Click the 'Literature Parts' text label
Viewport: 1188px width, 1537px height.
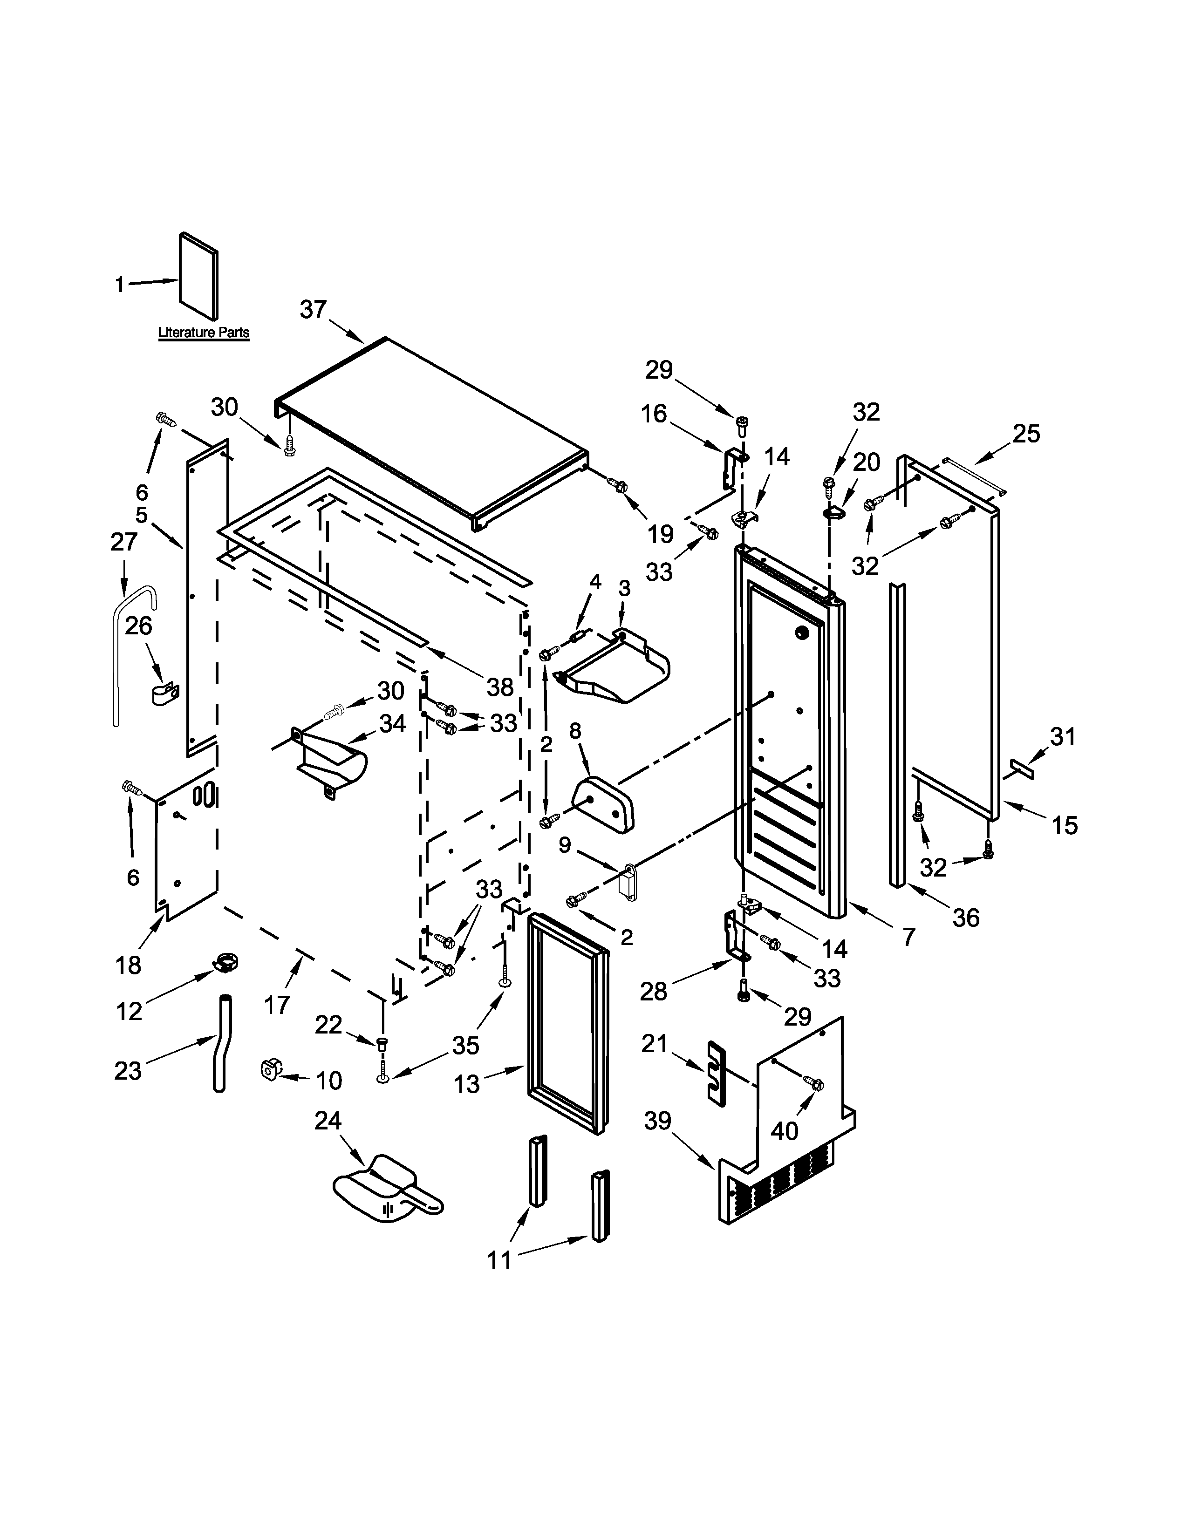pos(204,332)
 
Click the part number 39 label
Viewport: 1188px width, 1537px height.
pos(657,1120)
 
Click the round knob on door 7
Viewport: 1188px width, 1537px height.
pos(800,632)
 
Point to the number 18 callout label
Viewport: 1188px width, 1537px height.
pos(128,965)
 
